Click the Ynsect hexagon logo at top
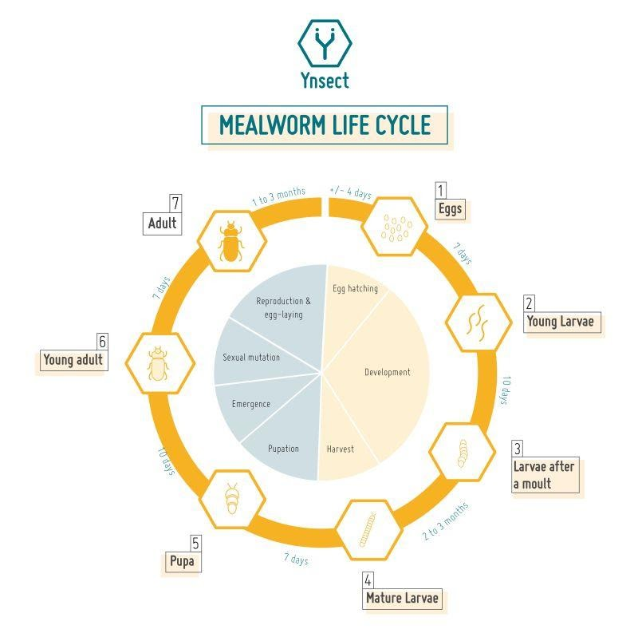325,44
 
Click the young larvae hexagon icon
477,322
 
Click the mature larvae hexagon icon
366,528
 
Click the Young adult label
73,360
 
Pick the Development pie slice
387,372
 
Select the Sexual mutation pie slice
252,357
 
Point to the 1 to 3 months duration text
278,197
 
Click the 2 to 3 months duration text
445,521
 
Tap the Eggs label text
450,210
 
